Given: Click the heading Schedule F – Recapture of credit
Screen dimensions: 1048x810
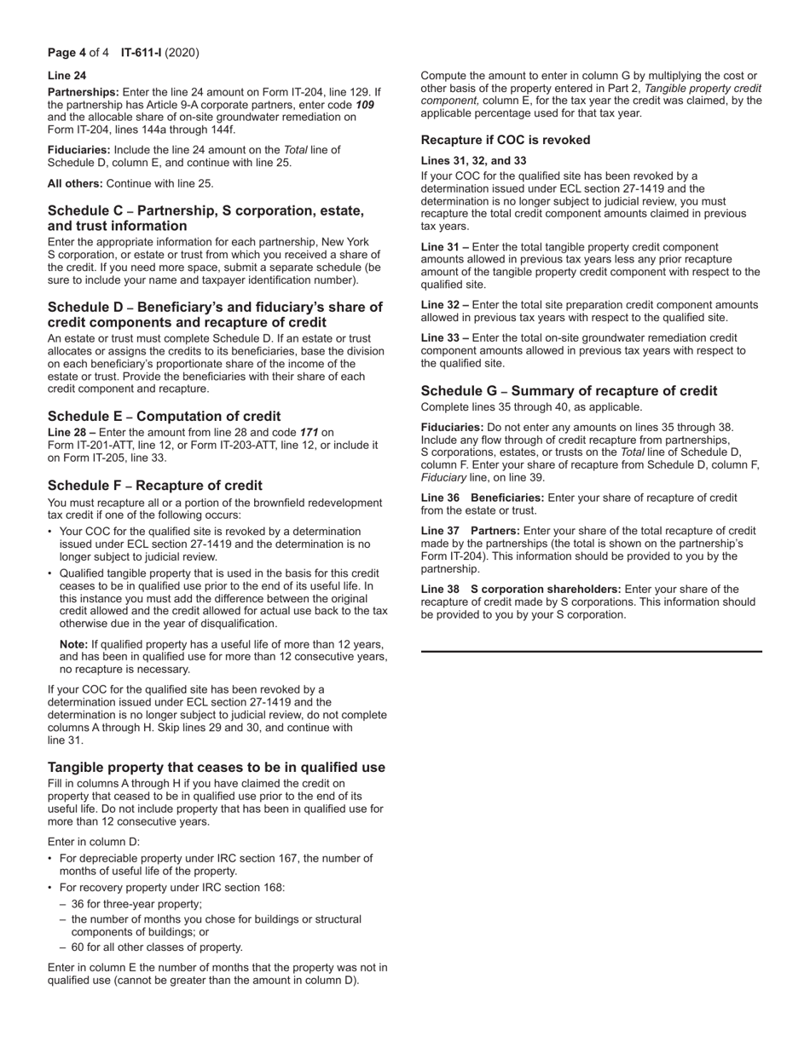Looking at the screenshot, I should click(155, 486).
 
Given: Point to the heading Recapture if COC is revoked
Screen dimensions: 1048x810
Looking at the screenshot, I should click(506, 140).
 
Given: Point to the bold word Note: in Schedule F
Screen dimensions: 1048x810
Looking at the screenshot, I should click(73, 644).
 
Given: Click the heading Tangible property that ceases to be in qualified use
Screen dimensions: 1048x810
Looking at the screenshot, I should click(217, 768).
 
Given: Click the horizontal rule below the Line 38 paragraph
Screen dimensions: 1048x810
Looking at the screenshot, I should click(592, 652).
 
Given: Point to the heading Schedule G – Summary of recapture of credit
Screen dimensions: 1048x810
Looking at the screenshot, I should click(569, 391).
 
